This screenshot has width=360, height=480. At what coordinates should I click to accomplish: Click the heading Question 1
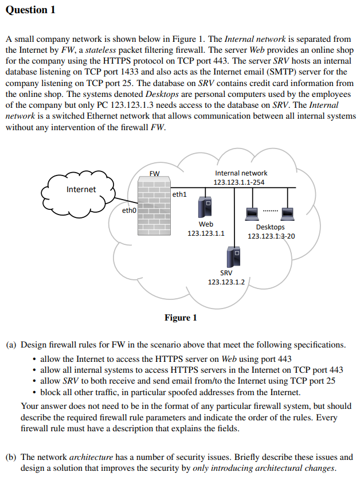[x=30, y=10]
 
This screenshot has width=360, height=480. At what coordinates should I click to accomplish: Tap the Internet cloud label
[x=81, y=189]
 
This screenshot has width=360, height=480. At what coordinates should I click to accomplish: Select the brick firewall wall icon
[x=153, y=206]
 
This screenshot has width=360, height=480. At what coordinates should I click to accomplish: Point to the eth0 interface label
[x=129, y=211]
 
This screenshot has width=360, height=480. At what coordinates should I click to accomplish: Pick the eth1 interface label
[x=179, y=194]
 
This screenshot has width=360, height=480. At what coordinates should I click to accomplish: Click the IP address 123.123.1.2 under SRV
[x=226, y=282]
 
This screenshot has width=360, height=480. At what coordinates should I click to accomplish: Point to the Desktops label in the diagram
[x=270, y=227]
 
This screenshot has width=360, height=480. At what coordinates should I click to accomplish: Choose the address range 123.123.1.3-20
[x=271, y=236]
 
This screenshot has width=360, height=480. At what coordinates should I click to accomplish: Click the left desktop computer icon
[x=251, y=213]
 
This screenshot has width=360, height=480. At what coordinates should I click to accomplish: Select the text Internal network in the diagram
[x=241, y=173]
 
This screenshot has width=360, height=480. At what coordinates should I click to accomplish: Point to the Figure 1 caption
[x=181, y=318]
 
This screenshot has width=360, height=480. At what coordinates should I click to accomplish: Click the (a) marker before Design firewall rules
[x=11, y=345]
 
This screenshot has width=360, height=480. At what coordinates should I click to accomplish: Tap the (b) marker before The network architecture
[x=11, y=457]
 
